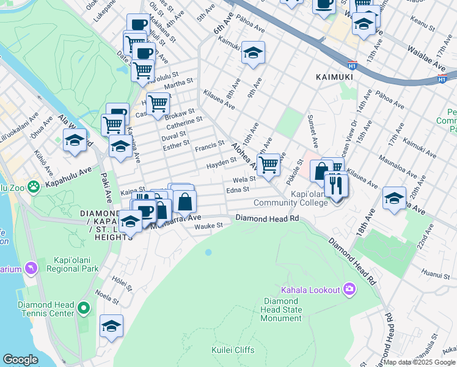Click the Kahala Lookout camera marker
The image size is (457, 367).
click(x=349, y=289)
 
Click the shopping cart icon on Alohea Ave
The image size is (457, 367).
click(x=268, y=165)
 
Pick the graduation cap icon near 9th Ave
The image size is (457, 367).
click(x=252, y=53)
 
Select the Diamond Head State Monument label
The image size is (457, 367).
click(x=282, y=310)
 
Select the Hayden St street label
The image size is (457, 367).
click(x=221, y=163)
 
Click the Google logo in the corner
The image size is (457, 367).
click(x=20, y=360)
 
